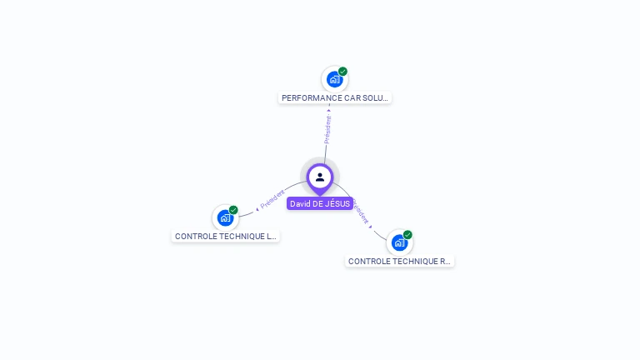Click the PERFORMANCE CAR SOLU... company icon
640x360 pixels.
tap(334, 80)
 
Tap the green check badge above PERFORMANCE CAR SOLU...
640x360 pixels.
tap(342, 72)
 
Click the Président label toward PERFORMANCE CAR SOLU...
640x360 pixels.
tap(327, 129)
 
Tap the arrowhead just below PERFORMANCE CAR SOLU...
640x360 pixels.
tap(329, 108)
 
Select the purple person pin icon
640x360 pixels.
tap(320, 177)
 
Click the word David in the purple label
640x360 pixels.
tap(300, 204)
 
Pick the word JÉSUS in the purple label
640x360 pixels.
tap(337, 204)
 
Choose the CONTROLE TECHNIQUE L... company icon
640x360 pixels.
tap(225, 218)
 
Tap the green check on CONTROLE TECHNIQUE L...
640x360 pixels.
tap(233, 210)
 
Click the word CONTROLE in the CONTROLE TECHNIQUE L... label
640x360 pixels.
tap(195, 237)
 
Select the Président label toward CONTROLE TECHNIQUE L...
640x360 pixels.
tap(272, 198)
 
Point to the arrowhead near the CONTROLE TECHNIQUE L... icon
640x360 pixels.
tap(257, 208)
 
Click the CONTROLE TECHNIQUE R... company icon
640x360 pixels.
tap(399, 243)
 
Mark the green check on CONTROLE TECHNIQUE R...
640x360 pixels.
tap(407, 235)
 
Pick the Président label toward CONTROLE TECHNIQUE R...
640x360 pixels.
tap(361, 212)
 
